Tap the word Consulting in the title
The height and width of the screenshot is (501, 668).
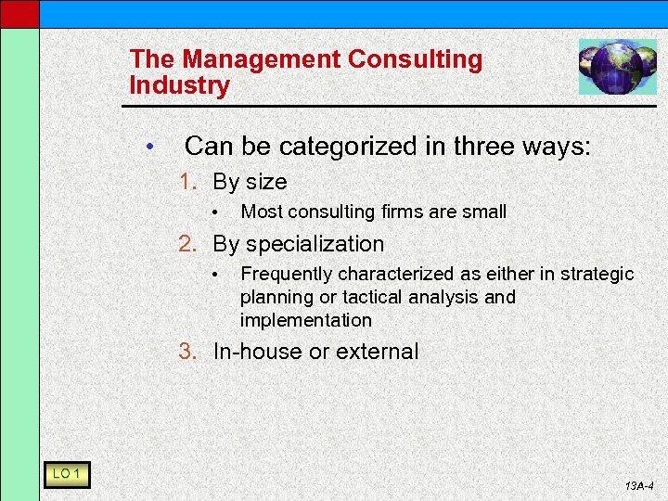click(x=416, y=60)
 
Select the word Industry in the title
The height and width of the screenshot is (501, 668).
click(x=180, y=86)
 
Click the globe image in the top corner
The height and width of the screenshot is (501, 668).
click(x=617, y=67)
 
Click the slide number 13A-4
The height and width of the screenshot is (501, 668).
click(x=640, y=486)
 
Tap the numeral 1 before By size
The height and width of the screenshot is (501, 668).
click(x=186, y=182)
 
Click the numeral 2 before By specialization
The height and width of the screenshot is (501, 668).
click(x=186, y=244)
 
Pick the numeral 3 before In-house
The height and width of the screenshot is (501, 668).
click(x=186, y=352)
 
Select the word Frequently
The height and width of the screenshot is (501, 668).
click(x=287, y=275)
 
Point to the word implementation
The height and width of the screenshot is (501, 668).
click(x=305, y=320)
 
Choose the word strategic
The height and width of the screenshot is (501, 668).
click(x=598, y=275)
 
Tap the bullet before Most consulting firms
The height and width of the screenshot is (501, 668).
click(x=214, y=212)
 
